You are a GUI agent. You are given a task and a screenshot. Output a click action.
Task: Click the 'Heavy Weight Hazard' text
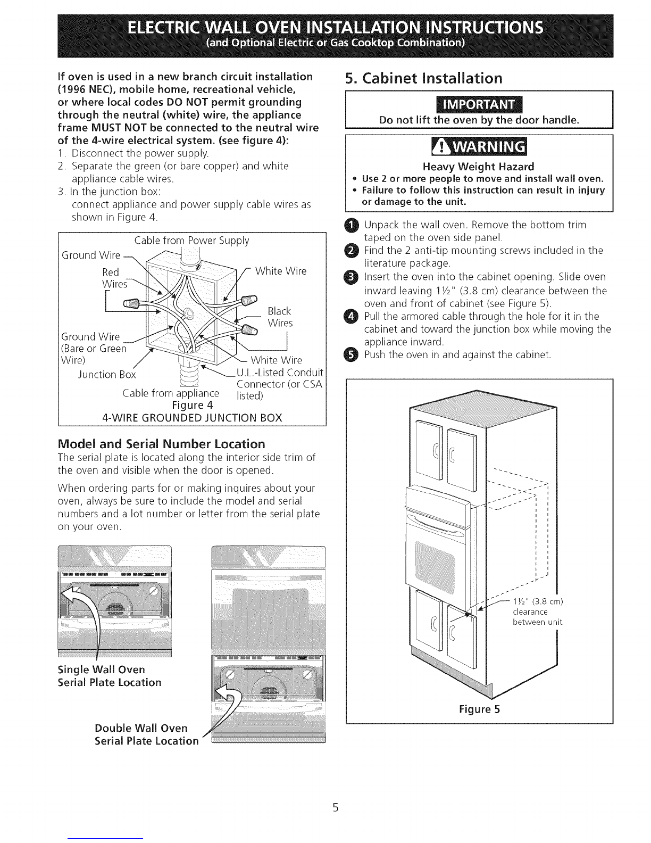(480, 167)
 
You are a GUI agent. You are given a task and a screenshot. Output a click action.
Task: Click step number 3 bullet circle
(355, 277)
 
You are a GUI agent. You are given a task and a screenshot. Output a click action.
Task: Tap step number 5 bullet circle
(355, 354)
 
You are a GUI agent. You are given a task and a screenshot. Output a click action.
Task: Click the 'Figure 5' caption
(480, 709)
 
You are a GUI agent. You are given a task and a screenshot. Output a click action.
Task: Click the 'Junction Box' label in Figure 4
(107, 374)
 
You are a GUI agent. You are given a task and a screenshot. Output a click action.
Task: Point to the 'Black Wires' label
(280, 317)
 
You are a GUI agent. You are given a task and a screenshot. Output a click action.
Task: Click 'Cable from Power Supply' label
(191, 241)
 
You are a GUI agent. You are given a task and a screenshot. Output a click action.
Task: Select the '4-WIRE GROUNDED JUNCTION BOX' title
(191, 417)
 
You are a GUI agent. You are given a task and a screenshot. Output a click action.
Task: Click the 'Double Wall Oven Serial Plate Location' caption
(146, 734)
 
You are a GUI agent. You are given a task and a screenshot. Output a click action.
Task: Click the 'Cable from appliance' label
(170, 393)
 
